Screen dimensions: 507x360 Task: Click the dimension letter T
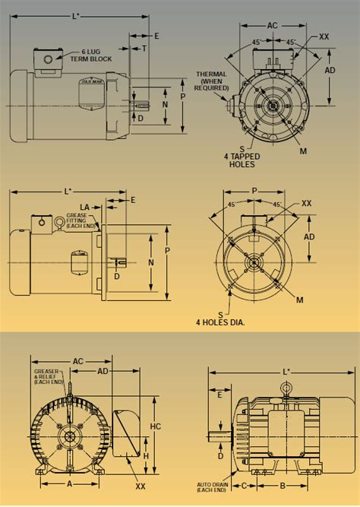(145, 47)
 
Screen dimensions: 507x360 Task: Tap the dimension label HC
(155, 426)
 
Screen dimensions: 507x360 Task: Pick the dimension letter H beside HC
(146, 455)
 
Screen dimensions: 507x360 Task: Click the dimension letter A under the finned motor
(70, 483)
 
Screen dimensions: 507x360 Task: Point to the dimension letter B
(283, 483)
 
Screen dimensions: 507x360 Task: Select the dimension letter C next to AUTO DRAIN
(244, 483)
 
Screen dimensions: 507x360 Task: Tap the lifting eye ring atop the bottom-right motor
(286, 388)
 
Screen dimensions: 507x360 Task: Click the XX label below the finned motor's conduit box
(140, 486)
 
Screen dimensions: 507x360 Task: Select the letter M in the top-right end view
(303, 151)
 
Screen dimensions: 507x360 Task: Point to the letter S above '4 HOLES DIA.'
(220, 312)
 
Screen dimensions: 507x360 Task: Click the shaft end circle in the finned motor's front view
(69, 436)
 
